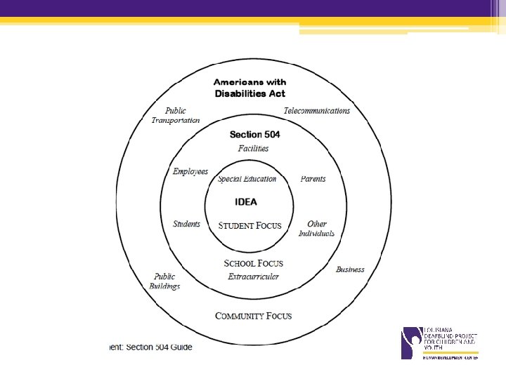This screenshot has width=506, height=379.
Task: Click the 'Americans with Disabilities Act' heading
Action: [249, 88]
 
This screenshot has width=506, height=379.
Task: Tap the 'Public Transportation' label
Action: [176, 115]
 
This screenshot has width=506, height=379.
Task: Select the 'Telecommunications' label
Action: [316, 111]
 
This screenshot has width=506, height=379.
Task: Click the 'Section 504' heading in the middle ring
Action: [255, 135]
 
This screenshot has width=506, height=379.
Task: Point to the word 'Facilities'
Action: [253, 149]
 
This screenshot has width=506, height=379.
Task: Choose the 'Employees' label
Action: [190, 172]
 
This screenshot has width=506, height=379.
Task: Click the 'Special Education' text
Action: [247, 179]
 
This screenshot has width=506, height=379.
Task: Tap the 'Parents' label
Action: [313, 179]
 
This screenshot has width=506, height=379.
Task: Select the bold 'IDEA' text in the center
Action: [246, 202]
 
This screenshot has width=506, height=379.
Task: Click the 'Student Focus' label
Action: [249, 226]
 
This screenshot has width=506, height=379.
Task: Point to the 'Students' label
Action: [186, 225]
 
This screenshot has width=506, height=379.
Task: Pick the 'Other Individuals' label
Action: [316, 229]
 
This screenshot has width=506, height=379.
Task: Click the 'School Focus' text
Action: [253, 263]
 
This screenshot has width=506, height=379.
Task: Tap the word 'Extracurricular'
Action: [253, 277]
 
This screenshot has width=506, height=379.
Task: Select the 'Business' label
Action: [350, 270]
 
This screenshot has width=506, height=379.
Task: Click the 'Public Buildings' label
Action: [164, 281]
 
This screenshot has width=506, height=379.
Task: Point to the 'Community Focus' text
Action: [253, 316]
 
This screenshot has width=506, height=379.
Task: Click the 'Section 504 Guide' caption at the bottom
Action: [151, 347]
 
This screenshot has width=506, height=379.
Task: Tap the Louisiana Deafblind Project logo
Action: [439, 343]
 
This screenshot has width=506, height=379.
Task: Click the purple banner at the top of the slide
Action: [253, 8]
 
